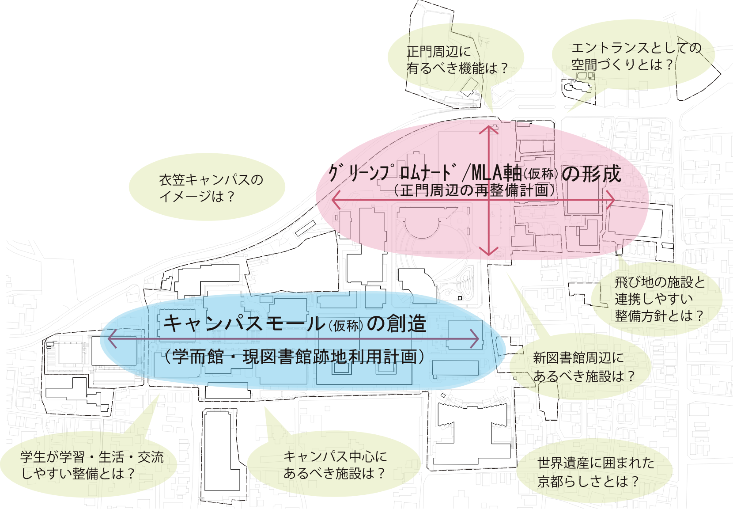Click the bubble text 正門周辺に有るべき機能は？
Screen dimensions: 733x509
pos(457,60)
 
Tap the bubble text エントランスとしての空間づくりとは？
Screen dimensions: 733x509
pos(636,56)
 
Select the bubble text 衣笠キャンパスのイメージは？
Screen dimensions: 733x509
pos(211,188)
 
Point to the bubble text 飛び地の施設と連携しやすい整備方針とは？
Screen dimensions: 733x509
pos(660,299)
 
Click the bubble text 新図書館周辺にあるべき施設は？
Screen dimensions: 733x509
pos(584,367)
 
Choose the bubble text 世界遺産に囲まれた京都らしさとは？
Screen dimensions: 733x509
pos(596,472)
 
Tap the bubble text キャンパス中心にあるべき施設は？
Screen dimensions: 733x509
pos(335,465)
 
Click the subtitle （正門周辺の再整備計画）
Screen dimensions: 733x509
pos(474,190)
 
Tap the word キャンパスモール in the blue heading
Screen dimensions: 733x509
pos(243,323)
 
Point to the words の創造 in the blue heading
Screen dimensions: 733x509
pos(397,323)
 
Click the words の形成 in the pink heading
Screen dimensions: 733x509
pos(591,173)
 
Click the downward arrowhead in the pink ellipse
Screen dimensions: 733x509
pos(489,251)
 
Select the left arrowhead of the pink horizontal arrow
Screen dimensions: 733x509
pos(336,200)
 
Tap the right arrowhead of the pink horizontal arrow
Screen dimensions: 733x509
pos(610,200)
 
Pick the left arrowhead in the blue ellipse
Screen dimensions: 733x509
pos(112,339)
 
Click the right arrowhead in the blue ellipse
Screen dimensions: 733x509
pos(475,339)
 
